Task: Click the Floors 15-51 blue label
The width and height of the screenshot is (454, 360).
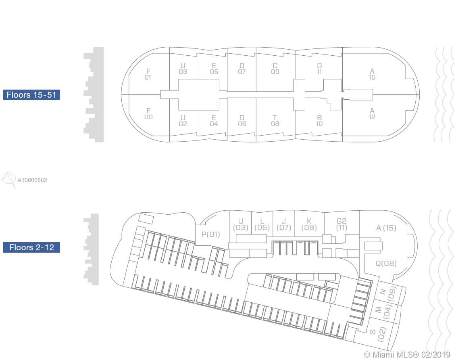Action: [31, 95]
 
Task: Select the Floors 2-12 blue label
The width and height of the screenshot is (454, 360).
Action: [31, 247]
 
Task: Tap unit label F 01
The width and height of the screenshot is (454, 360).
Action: [148, 74]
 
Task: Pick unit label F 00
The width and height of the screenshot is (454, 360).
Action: [148, 114]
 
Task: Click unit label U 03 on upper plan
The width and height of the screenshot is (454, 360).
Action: [183, 69]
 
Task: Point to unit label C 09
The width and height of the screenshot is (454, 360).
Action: [275, 69]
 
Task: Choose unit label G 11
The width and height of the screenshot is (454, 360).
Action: [319, 69]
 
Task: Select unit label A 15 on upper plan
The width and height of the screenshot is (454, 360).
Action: [372, 74]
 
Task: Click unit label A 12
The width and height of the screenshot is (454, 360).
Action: [372, 114]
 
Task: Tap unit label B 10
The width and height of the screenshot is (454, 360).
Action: [319, 121]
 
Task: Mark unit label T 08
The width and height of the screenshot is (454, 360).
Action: [275, 121]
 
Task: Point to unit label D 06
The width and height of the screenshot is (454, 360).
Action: [242, 121]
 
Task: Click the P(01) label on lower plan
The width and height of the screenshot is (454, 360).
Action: [211, 234]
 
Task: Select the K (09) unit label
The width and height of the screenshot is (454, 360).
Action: [309, 224]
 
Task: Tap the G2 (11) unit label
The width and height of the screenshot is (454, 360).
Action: [342, 224]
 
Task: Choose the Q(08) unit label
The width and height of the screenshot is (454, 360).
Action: [386, 264]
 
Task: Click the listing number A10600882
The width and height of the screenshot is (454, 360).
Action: [32, 180]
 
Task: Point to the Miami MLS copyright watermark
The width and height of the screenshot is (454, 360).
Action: [407, 355]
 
